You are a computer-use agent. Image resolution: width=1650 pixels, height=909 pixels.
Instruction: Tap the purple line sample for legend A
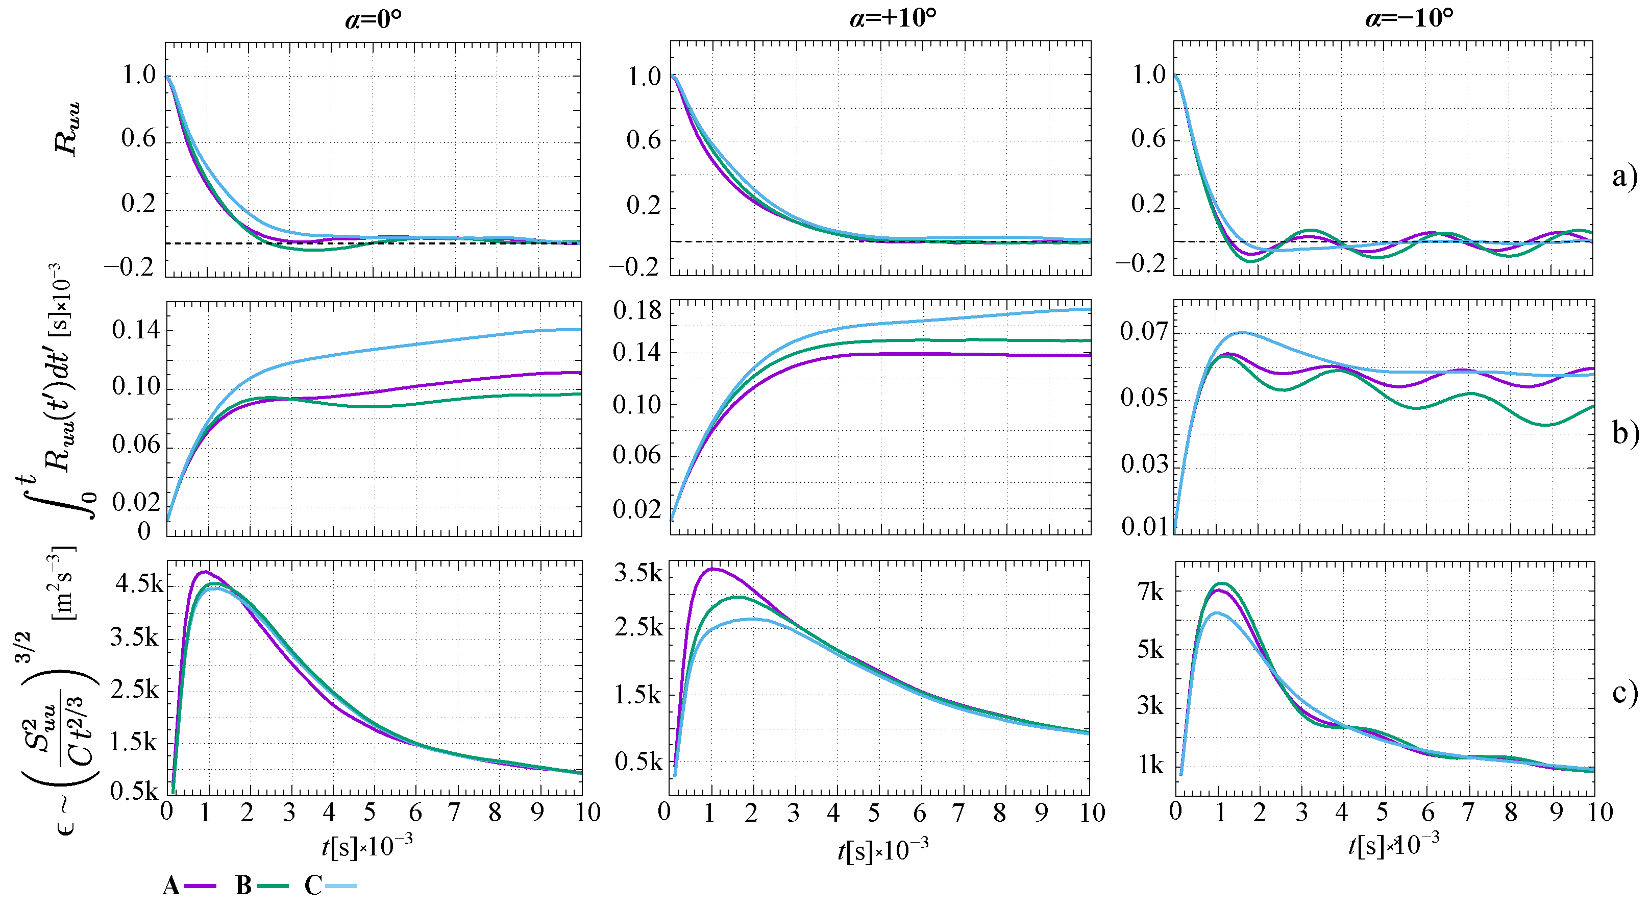201,887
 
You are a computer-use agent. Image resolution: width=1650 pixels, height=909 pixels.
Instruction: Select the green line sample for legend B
274,887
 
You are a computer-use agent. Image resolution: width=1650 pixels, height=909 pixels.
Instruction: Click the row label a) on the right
1624,176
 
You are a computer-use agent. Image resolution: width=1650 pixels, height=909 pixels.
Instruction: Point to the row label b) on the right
1625,434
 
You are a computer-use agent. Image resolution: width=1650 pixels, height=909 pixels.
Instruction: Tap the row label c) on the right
1624,692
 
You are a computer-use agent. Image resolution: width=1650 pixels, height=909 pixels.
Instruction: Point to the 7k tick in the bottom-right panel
1150,593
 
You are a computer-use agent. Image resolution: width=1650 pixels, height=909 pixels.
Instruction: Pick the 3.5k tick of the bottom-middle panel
638,573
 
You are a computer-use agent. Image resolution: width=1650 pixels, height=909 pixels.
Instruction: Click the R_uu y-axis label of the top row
67,128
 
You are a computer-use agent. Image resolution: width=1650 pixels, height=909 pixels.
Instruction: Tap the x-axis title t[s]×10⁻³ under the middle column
882,850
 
